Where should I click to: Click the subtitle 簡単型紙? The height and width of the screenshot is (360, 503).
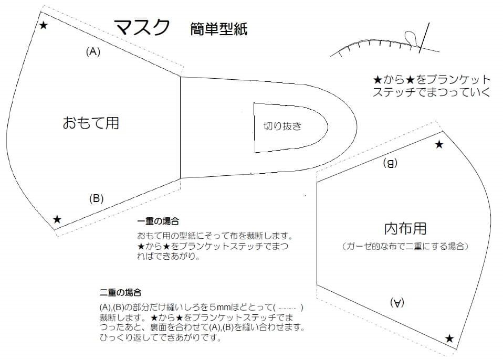point(219,29)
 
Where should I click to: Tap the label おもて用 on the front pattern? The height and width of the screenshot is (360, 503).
point(91,123)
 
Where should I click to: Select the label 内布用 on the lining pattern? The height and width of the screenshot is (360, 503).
point(405,228)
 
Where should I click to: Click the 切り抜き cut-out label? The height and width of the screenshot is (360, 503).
point(282,126)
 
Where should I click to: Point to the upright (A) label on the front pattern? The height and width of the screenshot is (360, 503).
point(93,51)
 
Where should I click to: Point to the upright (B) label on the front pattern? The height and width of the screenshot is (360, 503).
point(96,198)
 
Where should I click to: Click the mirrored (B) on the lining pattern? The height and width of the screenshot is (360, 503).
point(390,163)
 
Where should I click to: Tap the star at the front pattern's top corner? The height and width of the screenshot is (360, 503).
point(44,25)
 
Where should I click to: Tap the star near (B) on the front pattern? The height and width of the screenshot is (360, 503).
point(57,219)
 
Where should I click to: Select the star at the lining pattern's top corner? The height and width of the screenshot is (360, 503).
point(439,144)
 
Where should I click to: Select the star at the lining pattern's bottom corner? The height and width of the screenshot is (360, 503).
point(449,338)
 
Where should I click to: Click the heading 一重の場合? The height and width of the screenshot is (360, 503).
point(158,221)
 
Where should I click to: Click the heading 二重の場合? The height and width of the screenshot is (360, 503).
point(120,292)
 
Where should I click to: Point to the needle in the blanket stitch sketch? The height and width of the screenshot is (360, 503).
point(424,37)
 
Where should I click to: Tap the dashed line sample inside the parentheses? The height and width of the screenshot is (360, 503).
point(288,308)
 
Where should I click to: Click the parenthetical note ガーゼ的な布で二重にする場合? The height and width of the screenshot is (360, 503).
point(405,246)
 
